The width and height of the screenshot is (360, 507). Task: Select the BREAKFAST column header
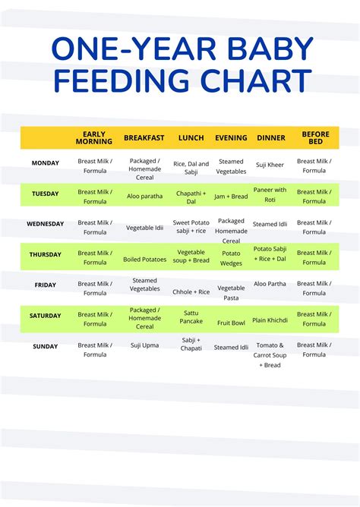click(x=144, y=138)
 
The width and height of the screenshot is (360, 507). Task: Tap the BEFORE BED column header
click(x=315, y=138)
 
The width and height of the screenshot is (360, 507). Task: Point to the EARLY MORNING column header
click(x=94, y=138)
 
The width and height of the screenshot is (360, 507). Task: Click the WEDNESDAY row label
click(x=45, y=225)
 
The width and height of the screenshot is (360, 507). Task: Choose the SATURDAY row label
click(x=45, y=316)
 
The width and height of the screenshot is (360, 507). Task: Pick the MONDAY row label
click(x=45, y=162)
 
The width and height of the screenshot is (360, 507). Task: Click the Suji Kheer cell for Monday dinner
click(x=270, y=165)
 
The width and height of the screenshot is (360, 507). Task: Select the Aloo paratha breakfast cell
click(x=144, y=196)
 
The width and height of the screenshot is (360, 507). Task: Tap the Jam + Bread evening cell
click(x=231, y=196)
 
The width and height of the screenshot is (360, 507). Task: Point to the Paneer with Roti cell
click(x=270, y=195)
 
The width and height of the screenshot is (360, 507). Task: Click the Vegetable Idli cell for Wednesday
click(x=144, y=227)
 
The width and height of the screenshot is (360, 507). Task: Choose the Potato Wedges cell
click(x=231, y=257)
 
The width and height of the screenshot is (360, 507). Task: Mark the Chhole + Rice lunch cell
click(x=191, y=291)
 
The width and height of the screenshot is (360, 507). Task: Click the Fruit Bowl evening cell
click(x=231, y=323)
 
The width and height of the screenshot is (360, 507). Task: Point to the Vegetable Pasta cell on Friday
click(x=231, y=293)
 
